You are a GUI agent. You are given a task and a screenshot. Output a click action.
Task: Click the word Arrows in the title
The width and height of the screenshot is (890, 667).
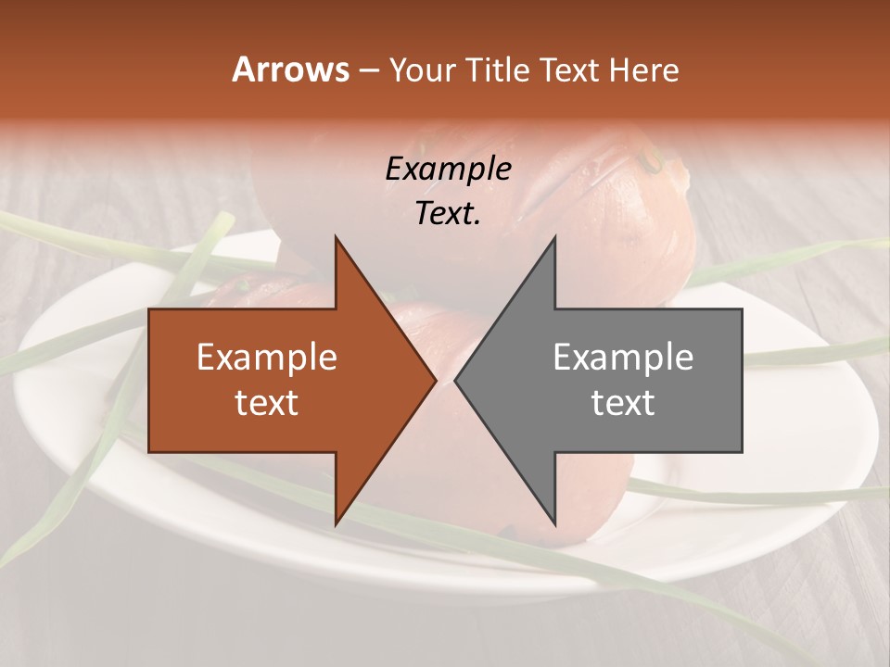point(289,69)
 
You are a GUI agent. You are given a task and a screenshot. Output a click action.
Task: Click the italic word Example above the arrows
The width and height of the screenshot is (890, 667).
point(448,169)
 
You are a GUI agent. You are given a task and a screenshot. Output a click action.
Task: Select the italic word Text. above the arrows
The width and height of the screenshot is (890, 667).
point(448,213)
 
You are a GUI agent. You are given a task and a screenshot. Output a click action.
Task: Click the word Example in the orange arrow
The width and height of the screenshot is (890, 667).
point(267,358)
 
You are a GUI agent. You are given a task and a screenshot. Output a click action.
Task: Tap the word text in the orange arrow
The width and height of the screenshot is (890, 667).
point(267,402)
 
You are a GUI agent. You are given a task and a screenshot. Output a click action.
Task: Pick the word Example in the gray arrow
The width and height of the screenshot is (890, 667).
point(623,358)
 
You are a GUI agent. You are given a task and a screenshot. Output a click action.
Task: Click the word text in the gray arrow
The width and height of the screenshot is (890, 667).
point(623,402)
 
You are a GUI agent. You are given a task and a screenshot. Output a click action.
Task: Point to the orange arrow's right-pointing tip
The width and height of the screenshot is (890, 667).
point(435,380)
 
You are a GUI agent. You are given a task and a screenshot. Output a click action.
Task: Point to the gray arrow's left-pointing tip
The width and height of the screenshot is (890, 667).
point(456,380)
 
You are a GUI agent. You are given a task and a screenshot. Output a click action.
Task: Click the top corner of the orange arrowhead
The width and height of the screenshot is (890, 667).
point(337,237)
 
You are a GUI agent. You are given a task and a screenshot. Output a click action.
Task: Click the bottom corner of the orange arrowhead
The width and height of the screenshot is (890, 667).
point(337,524)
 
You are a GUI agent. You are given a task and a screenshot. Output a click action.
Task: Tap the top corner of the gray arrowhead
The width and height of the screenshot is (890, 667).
point(554,237)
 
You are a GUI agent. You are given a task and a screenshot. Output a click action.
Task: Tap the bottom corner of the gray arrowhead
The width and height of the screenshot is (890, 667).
point(554,524)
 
